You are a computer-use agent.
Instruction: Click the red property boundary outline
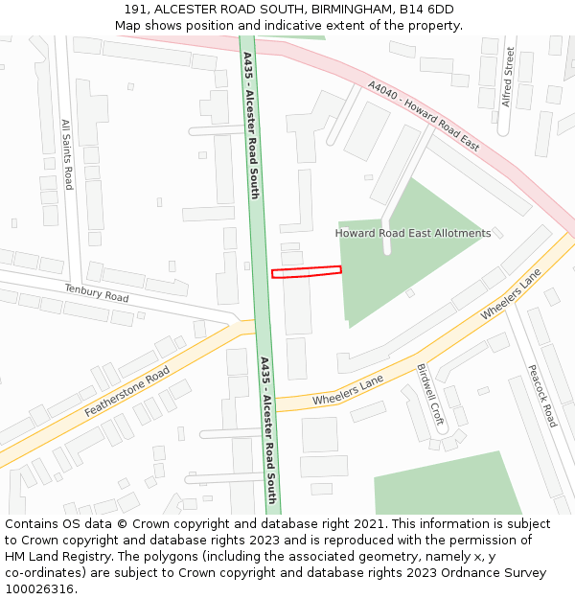(x=307, y=272)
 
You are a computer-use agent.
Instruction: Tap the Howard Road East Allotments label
(x=412, y=233)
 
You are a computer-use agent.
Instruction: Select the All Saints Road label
(x=67, y=154)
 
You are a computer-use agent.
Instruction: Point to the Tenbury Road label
(x=96, y=293)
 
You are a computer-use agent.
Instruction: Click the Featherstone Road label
(x=126, y=391)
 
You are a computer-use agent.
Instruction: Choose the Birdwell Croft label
(x=430, y=394)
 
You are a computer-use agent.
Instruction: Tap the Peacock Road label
(x=541, y=395)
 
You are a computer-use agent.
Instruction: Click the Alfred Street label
(x=509, y=77)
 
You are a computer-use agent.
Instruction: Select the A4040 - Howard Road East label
(x=424, y=116)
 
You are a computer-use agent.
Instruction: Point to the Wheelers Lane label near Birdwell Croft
(x=348, y=390)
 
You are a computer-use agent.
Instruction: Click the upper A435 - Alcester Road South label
(x=251, y=125)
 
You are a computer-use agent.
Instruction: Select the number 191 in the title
(x=135, y=10)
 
